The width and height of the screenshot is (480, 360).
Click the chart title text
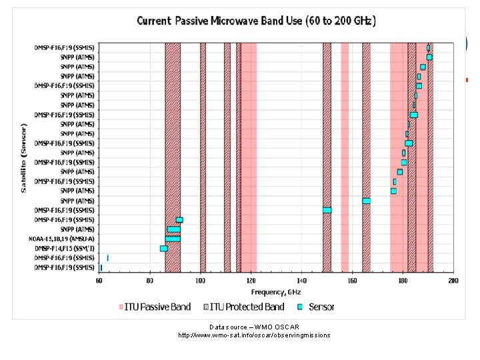[x=257, y=21]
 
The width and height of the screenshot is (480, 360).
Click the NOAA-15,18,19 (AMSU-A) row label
[x=61, y=239]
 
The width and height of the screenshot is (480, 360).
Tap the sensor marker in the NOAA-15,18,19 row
[x=173, y=239]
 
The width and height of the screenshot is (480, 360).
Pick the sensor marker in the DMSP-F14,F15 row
[x=163, y=249]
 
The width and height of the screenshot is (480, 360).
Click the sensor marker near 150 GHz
[x=327, y=210]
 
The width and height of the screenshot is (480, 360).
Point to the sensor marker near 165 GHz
[x=366, y=201]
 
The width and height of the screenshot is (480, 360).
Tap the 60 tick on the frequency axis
[x=99, y=281]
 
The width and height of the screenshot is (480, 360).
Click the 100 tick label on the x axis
[x=201, y=281]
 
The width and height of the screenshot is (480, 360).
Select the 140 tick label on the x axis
[x=301, y=281]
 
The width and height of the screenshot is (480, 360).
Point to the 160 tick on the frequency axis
[x=352, y=281]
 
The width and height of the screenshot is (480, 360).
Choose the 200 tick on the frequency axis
[x=453, y=281]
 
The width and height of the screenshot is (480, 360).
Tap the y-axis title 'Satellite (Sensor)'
[x=24, y=158]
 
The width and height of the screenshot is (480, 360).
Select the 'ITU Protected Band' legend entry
[x=243, y=307]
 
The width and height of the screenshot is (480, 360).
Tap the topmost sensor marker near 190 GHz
[x=428, y=48]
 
